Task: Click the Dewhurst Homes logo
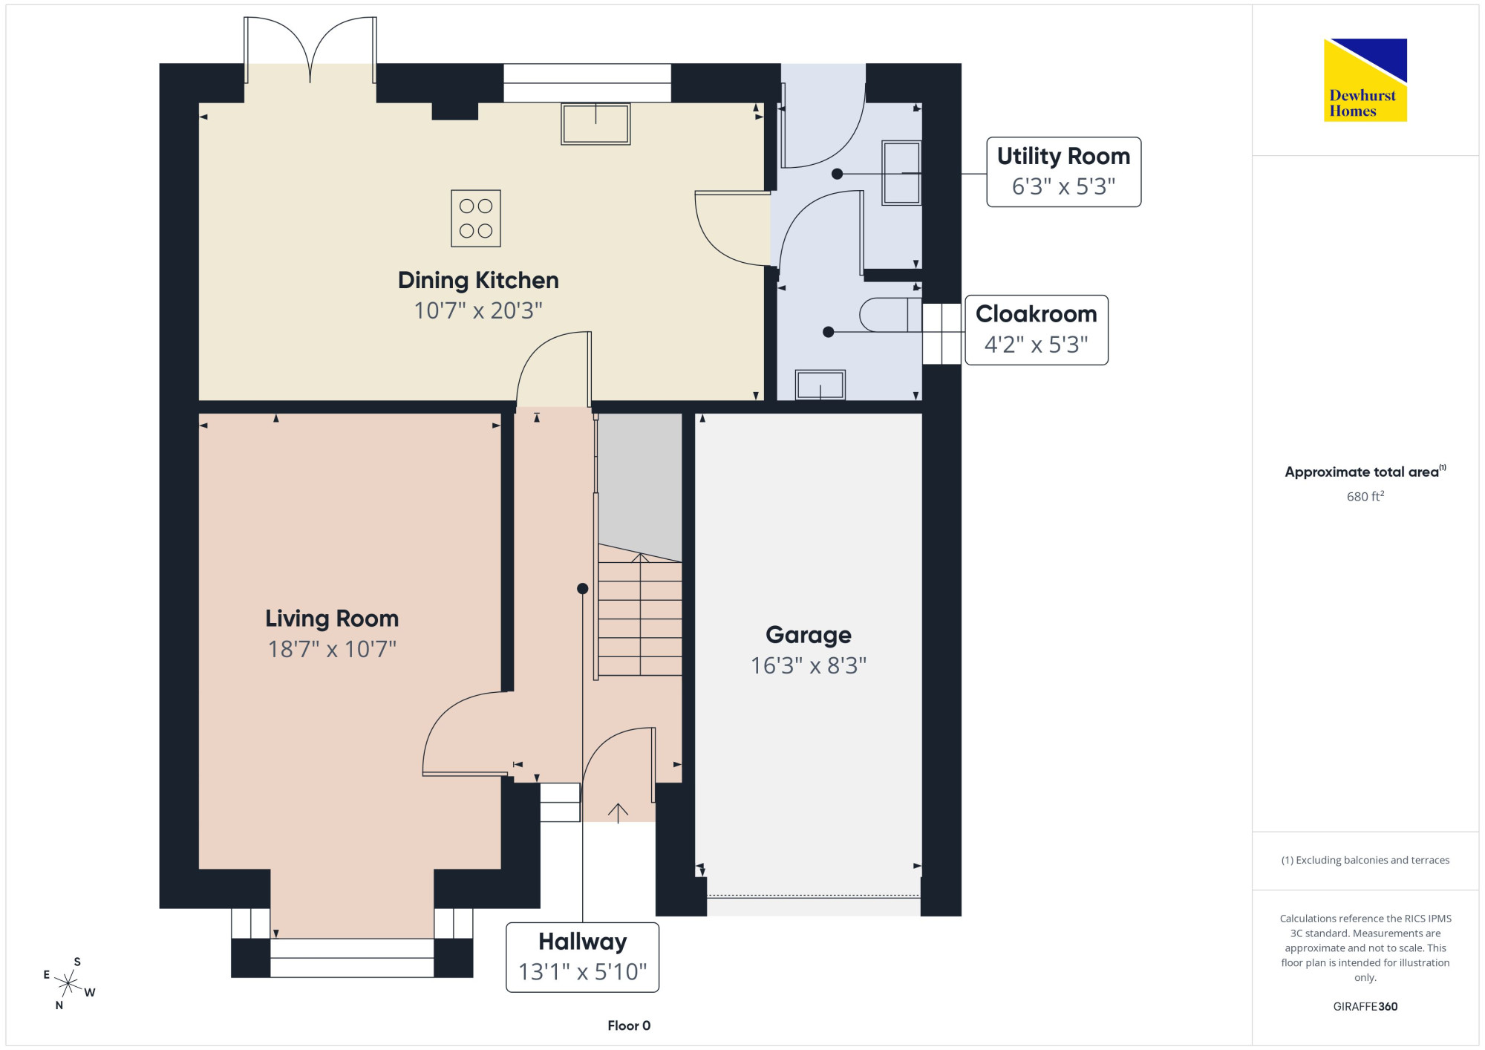[1365, 79]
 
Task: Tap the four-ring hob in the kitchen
[476, 218]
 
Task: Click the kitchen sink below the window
[595, 123]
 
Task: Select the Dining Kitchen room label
[478, 280]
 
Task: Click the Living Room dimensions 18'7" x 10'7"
[332, 649]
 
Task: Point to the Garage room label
[809, 635]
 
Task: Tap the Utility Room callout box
[1063, 172]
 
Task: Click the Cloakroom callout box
[1037, 330]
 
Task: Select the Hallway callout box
[582, 957]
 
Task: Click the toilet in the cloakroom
[890, 315]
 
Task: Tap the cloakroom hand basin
[820, 385]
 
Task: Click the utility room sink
[901, 173]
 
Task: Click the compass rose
[68, 984]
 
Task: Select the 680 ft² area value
[1365, 496]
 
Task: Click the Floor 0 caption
[629, 1025]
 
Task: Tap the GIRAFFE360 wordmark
[1365, 1006]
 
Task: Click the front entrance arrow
[618, 813]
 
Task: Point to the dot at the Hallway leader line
[583, 589]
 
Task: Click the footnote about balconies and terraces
[1365, 860]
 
